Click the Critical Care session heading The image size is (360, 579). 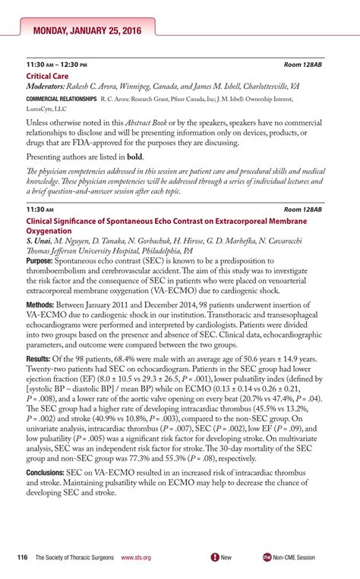coord(49,77)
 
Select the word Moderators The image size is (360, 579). coord(48,87)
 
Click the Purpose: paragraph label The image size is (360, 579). coord(42,260)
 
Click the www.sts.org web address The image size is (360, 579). coord(136,557)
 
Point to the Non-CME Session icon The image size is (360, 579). coord(266,557)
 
